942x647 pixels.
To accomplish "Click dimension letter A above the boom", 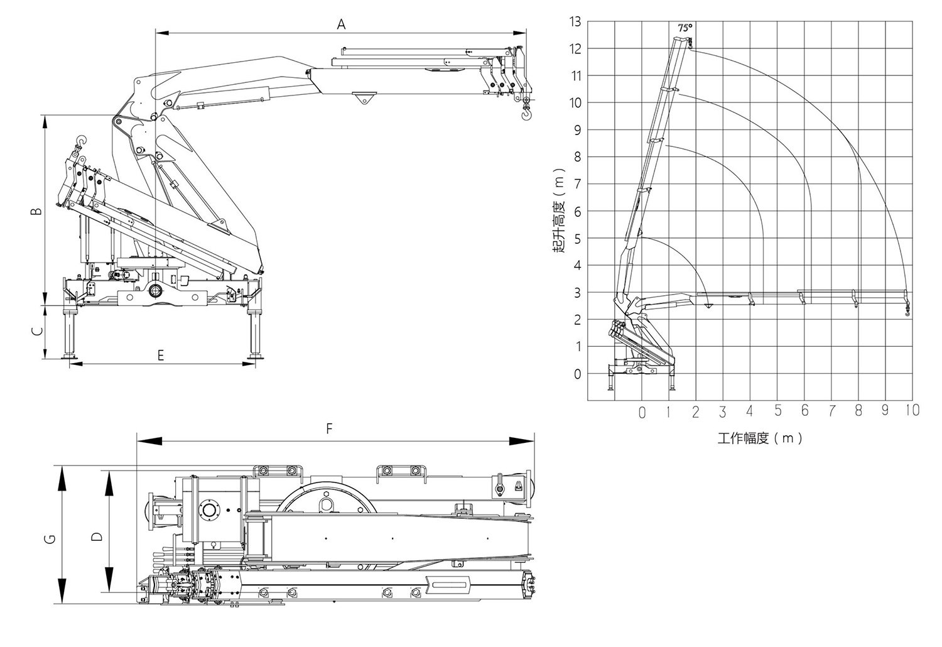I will pyautogui.click(x=341, y=24).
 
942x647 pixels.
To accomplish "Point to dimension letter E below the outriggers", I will pyautogui.click(x=161, y=355).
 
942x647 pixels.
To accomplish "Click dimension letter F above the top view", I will pyautogui.click(x=329, y=430).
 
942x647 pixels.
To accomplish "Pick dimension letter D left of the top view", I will pyautogui.click(x=97, y=537).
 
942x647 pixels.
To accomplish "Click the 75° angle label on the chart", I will pyautogui.click(x=685, y=28).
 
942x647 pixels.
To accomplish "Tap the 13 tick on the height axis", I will pyautogui.click(x=575, y=22).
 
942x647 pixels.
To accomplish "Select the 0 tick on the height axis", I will pyautogui.click(x=577, y=374).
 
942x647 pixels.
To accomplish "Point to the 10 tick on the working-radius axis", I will pyautogui.click(x=912, y=410).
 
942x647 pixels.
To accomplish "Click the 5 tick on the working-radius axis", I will pyautogui.click(x=777, y=410).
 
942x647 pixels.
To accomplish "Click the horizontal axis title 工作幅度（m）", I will pyautogui.click(x=760, y=438).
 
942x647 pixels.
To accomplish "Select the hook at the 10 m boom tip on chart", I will pyautogui.click(x=907, y=311).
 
